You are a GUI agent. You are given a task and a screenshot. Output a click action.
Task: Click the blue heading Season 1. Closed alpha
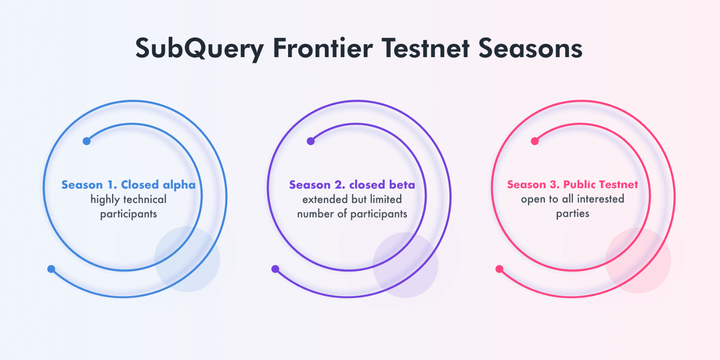click(x=129, y=185)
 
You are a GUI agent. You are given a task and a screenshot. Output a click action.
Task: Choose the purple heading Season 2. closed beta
click(x=352, y=185)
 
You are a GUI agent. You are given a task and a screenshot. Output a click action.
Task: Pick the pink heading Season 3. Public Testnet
click(x=572, y=185)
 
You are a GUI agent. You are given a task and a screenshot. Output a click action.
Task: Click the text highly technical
click(x=129, y=200)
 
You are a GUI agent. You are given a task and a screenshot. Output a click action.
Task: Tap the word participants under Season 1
click(x=129, y=214)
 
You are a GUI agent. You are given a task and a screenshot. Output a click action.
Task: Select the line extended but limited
click(x=352, y=199)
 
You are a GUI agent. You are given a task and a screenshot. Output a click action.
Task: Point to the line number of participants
click(x=352, y=213)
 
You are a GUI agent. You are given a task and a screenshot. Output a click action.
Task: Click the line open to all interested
click(x=572, y=199)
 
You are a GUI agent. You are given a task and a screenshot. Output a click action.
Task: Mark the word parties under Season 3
click(x=572, y=213)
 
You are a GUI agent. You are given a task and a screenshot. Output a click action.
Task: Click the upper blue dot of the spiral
click(x=86, y=141)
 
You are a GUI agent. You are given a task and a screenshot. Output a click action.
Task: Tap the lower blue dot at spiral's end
click(x=51, y=269)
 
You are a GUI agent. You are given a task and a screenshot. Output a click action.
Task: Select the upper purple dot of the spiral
click(x=310, y=141)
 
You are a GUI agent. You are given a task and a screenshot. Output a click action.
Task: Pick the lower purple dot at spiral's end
click(x=275, y=269)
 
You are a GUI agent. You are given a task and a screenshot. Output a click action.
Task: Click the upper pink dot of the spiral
click(x=534, y=141)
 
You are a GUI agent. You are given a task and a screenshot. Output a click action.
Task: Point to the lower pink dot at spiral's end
click(x=499, y=269)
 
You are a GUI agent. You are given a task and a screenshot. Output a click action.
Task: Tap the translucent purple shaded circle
click(x=405, y=265)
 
